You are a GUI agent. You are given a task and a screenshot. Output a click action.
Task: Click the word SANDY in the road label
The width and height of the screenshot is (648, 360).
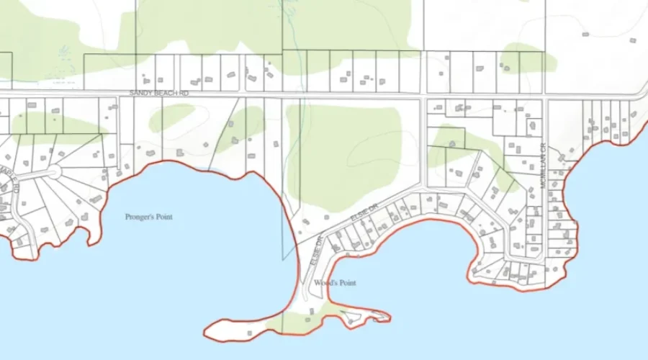pyautogui.click(x=140, y=94)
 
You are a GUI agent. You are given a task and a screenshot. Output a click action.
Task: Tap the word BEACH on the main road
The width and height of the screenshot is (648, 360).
pyautogui.click(x=163, y=94)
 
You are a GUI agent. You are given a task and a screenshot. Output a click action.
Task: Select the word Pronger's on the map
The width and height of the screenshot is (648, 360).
pyautogui.click(x=138, y=217)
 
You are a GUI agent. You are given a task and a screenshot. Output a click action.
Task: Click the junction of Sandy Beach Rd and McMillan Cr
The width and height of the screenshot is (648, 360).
pyautogui.click(x=546, y=96)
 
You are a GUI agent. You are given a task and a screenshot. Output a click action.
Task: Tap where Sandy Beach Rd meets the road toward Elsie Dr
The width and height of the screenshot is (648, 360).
pyautogui.click(x=423, y=96)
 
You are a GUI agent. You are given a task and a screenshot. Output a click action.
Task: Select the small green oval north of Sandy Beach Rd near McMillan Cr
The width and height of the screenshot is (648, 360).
pyautogui.click(x=529, y=58)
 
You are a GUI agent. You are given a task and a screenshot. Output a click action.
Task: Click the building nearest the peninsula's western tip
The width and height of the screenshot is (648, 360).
pyautogui.click(x=248, y=333)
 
